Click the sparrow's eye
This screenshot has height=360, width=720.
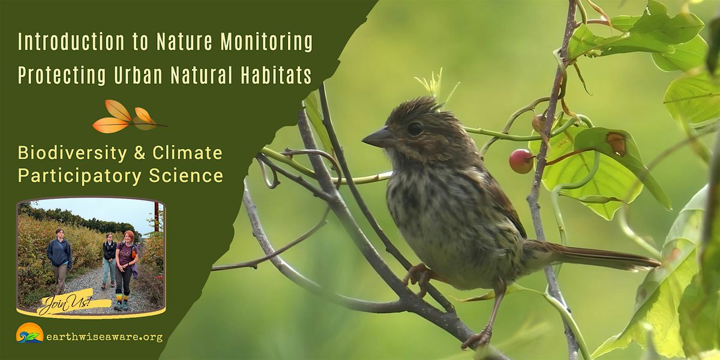pyautogui.click(x=415, y=128)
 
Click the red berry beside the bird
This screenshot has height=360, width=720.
pyautogui.click(x=521, y=161)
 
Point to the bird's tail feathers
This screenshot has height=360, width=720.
pyautogui.click(x=606, y=255)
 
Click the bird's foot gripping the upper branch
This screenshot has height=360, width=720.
pyautogui.click(x=419, y=275)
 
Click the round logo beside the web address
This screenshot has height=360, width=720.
pyautogui.click(x=30, y=334)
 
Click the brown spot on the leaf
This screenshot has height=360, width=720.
pyautogui.click(x=616, y=143)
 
